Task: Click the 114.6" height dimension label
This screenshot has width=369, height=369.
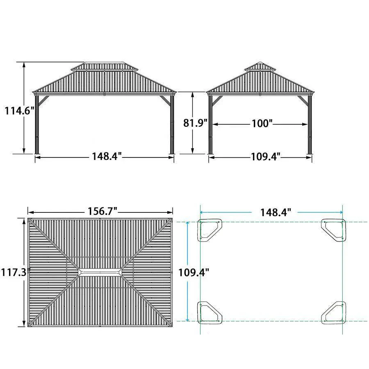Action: point(20,111)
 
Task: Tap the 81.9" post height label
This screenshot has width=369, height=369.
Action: point(195,123)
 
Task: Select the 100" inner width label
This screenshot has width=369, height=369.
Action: point(262,123)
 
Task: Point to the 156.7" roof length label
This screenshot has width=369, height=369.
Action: point(102,211)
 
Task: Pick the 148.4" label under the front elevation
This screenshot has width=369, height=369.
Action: point(107,156)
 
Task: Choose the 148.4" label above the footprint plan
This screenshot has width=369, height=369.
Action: point(276,212)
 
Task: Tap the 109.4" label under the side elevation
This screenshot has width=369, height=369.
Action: point(266,157)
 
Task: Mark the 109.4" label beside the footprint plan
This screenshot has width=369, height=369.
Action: point(194,273)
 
